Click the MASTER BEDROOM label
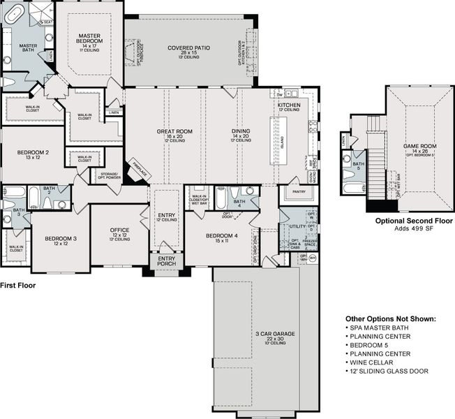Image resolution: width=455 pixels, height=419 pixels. (90, 38)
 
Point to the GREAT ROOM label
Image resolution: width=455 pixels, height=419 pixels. (174, 131)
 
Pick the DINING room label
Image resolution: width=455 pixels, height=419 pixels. (241, 131)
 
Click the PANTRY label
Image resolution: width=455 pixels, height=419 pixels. (300, 191)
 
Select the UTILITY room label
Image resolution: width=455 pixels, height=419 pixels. (288, 228)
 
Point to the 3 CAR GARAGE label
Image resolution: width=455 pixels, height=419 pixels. (274, 334)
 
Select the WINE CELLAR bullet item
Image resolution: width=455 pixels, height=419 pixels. (371, 362)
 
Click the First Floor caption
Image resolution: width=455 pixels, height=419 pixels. (18, 286)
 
